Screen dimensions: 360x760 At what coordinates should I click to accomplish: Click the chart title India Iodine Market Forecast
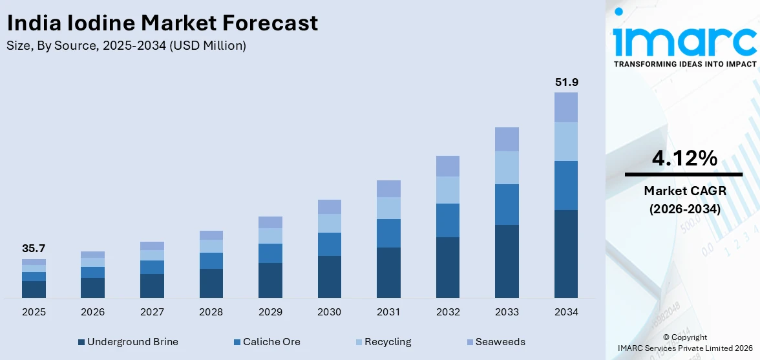[x=162, y=23]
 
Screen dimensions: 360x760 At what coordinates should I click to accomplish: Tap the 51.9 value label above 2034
[x=566, y=82]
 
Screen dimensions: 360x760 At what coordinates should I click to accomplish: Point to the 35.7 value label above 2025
[x=34, y=249]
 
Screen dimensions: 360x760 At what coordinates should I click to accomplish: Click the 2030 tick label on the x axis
[x=329, y=312]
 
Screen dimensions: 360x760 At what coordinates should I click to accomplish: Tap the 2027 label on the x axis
[x=152, y=312]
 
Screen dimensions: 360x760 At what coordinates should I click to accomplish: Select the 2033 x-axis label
[x=507, y=312]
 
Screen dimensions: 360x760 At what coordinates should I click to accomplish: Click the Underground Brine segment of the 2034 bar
[x=566, y=253]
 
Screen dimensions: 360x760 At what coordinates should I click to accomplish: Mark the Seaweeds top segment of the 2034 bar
[x=566, y=107]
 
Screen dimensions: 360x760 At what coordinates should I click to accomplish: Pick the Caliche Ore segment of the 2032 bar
[x=448, y=220]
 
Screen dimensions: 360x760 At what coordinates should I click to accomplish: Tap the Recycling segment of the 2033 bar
[x=507, y=167]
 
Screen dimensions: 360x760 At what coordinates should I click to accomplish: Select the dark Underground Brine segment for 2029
[x=270, y=280]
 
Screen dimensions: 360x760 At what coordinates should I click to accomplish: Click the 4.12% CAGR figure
[x=683, y=158]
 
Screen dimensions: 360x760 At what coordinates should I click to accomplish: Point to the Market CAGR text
[x=683, y=191]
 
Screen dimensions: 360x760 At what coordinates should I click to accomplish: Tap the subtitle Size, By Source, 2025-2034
[x=126, y=46]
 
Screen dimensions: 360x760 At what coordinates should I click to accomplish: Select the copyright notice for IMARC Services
[x=684, y=343]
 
